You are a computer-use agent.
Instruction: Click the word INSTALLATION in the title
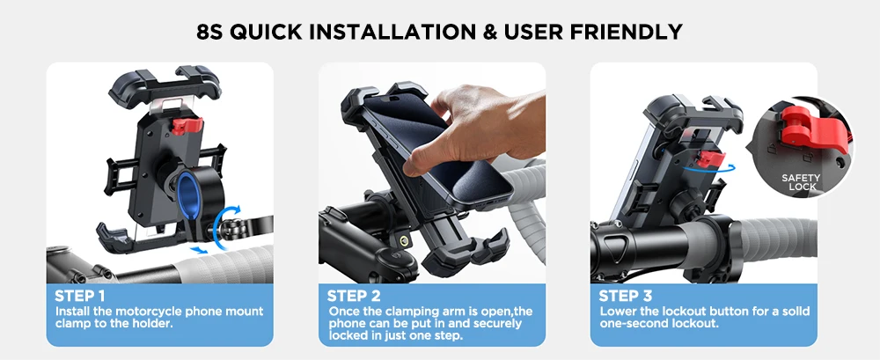pos(394,32)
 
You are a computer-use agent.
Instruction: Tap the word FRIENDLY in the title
pos(627,32)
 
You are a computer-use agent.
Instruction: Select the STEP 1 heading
pos(80,296)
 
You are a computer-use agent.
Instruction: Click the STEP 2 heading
pos(354,296)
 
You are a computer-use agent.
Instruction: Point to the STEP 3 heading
pos(625,296)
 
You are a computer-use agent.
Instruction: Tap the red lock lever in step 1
pos(187,126)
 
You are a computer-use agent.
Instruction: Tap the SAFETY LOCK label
pos(802,182)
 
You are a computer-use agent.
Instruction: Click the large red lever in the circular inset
pos(812,130)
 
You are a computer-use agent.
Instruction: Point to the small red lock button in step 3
pos(709,158)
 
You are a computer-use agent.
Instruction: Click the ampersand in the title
pos(490,32)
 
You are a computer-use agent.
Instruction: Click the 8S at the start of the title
pos(210,32)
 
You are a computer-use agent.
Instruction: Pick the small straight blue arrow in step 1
pos(197,249)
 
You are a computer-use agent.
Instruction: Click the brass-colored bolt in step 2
pos(404,240)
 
